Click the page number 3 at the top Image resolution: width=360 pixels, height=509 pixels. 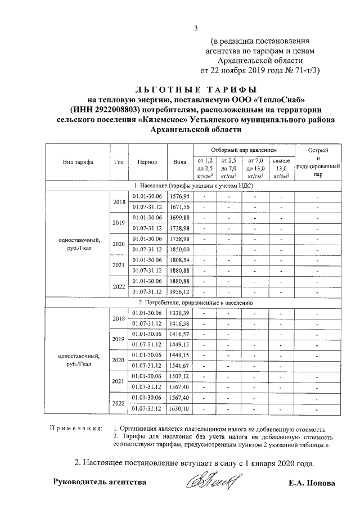195,29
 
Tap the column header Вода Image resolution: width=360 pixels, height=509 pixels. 179,161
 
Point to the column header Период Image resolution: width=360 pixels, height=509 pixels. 147,161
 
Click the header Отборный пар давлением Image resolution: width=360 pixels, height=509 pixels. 244,151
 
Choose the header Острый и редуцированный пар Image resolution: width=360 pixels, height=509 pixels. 318,162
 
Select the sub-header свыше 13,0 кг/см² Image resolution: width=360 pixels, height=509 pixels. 281,168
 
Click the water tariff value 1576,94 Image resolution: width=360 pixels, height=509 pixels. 179,196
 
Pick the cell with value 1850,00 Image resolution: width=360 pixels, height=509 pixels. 179,249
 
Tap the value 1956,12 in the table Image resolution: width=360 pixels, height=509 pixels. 179,291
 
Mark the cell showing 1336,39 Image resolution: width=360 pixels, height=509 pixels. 179,313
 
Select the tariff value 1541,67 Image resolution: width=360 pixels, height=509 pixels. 179,366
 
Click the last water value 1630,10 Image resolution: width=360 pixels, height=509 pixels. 179,408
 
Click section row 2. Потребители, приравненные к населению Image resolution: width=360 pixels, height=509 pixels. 193,302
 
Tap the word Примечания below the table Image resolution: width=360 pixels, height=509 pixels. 75,428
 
